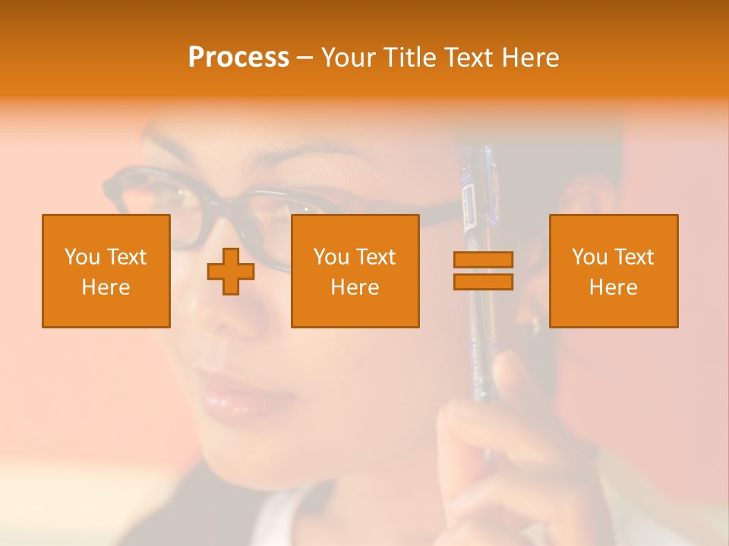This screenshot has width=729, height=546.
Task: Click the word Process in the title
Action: (x=238, y=58)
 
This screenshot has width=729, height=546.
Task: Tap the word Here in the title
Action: (x=529, y=58)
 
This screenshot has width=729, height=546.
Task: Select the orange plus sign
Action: (x=231, y=271)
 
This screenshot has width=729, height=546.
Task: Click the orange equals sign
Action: (x=483, y=271)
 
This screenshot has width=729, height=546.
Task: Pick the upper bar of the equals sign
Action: (x=483, y=260)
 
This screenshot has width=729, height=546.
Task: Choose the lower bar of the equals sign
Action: (x=483, y=281)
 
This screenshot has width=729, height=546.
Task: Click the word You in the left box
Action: (x=82, y=257)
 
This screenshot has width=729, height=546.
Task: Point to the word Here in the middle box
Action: (x=355, y=287)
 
